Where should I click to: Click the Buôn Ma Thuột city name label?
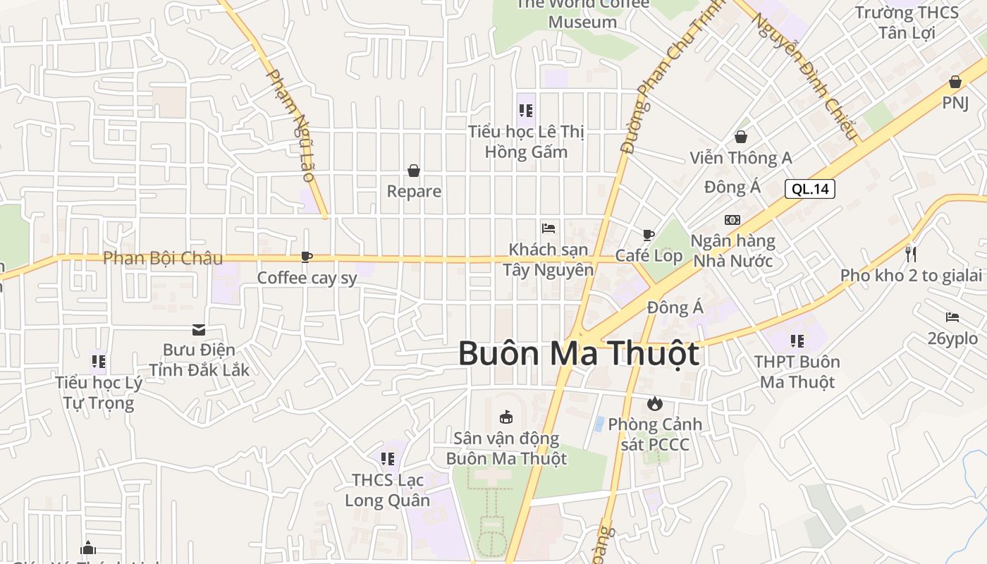578,353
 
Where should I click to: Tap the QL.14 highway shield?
809,188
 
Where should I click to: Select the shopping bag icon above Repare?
414,171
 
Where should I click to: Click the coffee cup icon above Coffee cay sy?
306,257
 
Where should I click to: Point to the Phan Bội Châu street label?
163,258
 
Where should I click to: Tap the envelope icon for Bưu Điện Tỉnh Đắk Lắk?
198,329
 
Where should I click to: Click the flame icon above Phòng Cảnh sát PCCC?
654,403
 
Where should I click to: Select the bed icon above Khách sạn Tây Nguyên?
548,228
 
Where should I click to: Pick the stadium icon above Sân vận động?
505,417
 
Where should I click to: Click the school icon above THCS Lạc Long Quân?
387,459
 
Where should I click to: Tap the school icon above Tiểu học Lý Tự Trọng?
98,362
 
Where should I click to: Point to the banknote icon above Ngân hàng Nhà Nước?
732,220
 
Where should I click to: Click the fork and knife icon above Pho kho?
911,254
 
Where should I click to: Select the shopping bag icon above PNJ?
955,82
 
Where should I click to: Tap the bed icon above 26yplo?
952,317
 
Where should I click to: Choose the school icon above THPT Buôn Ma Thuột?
797,341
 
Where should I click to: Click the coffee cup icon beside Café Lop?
649,235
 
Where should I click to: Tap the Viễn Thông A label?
741,158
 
